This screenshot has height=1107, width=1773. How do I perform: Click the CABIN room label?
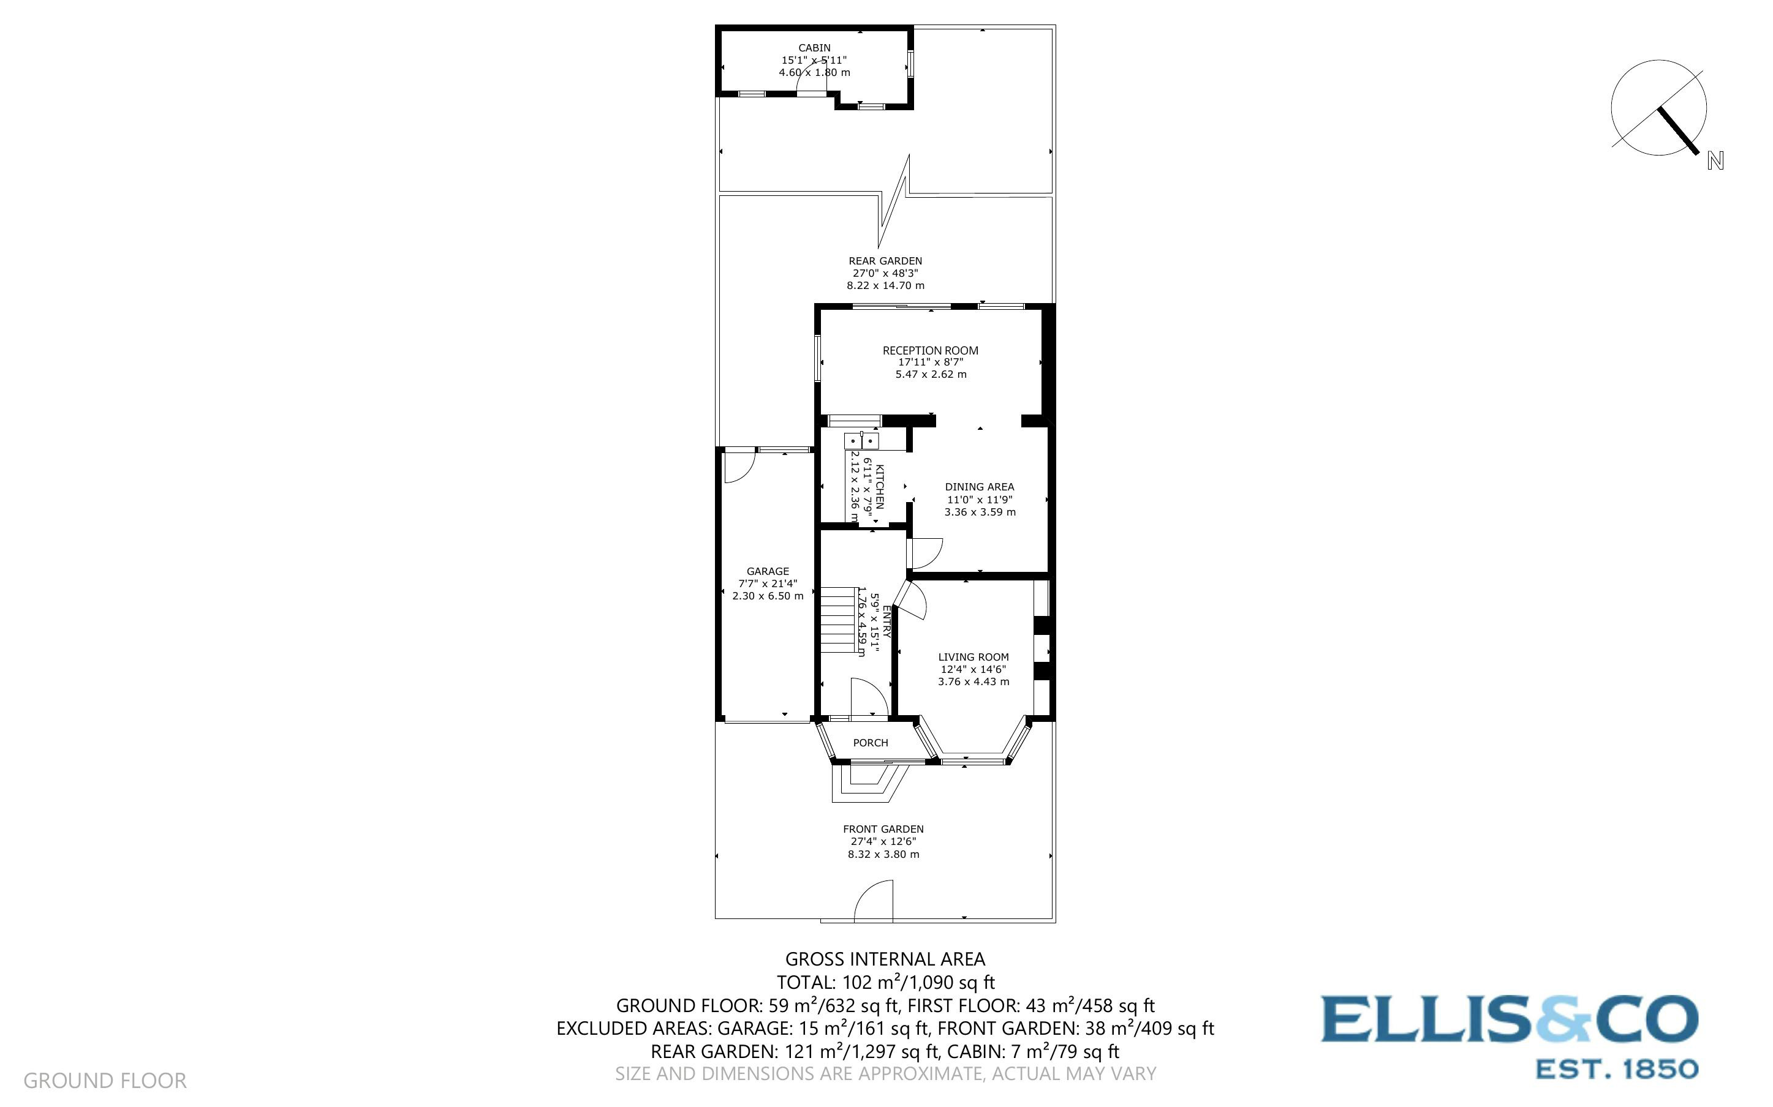[x=814, y=48]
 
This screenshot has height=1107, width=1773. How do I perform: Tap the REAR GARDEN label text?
[x=885, y=261]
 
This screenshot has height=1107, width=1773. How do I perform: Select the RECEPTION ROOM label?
[x=930, y=351]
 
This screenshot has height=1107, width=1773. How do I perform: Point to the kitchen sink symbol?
[x=861, y=441]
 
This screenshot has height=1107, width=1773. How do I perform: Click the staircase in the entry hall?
[x=837, y=620]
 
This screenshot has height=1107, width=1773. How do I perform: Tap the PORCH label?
[x=870, y=743]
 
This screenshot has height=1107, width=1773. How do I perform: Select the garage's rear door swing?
[x=738, y=467]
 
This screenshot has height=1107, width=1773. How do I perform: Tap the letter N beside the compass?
[x=1715, y=161]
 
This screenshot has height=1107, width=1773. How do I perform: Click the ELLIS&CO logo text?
[x=1508, y=1019]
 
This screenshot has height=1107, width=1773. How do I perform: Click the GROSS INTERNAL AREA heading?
[x=885, y=959]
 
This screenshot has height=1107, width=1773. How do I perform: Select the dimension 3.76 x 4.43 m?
[x=973, y=681]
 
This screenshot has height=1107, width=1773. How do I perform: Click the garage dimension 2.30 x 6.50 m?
[x=768, y=596]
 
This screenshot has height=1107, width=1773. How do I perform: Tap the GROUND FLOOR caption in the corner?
[x=105, y=1081]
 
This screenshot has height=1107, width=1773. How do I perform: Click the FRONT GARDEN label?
[x=883, y=829]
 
